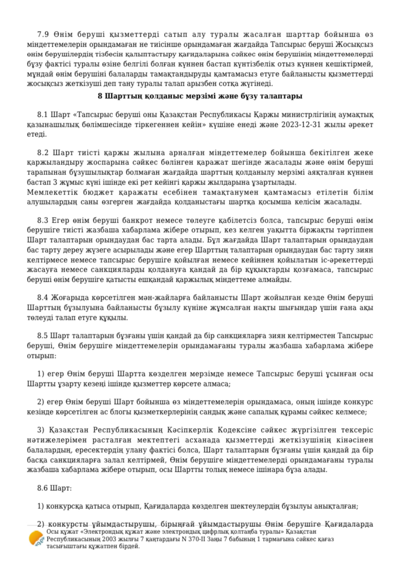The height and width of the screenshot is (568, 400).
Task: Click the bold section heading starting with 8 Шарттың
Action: click(199, 96)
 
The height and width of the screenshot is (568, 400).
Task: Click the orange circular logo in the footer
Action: click(36, 539)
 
